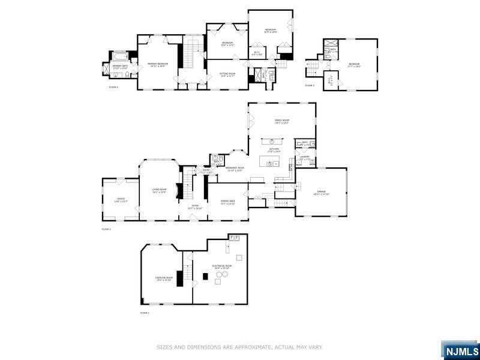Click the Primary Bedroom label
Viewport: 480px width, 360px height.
click(159, 63)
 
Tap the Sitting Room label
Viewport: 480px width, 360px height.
click(227, 74)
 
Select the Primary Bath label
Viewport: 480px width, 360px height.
click(120, 67)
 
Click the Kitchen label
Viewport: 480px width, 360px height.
click(274, 150)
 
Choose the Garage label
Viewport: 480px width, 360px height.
click(321, 193)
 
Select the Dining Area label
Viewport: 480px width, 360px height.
click(227, 202)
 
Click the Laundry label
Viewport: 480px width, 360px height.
click(304, 158)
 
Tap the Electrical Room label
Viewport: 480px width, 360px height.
click(221, 266)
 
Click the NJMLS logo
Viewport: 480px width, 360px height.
click(460, 350)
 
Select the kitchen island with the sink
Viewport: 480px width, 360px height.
click(273, 162)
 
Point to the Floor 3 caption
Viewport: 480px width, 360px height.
click(310, 86)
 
